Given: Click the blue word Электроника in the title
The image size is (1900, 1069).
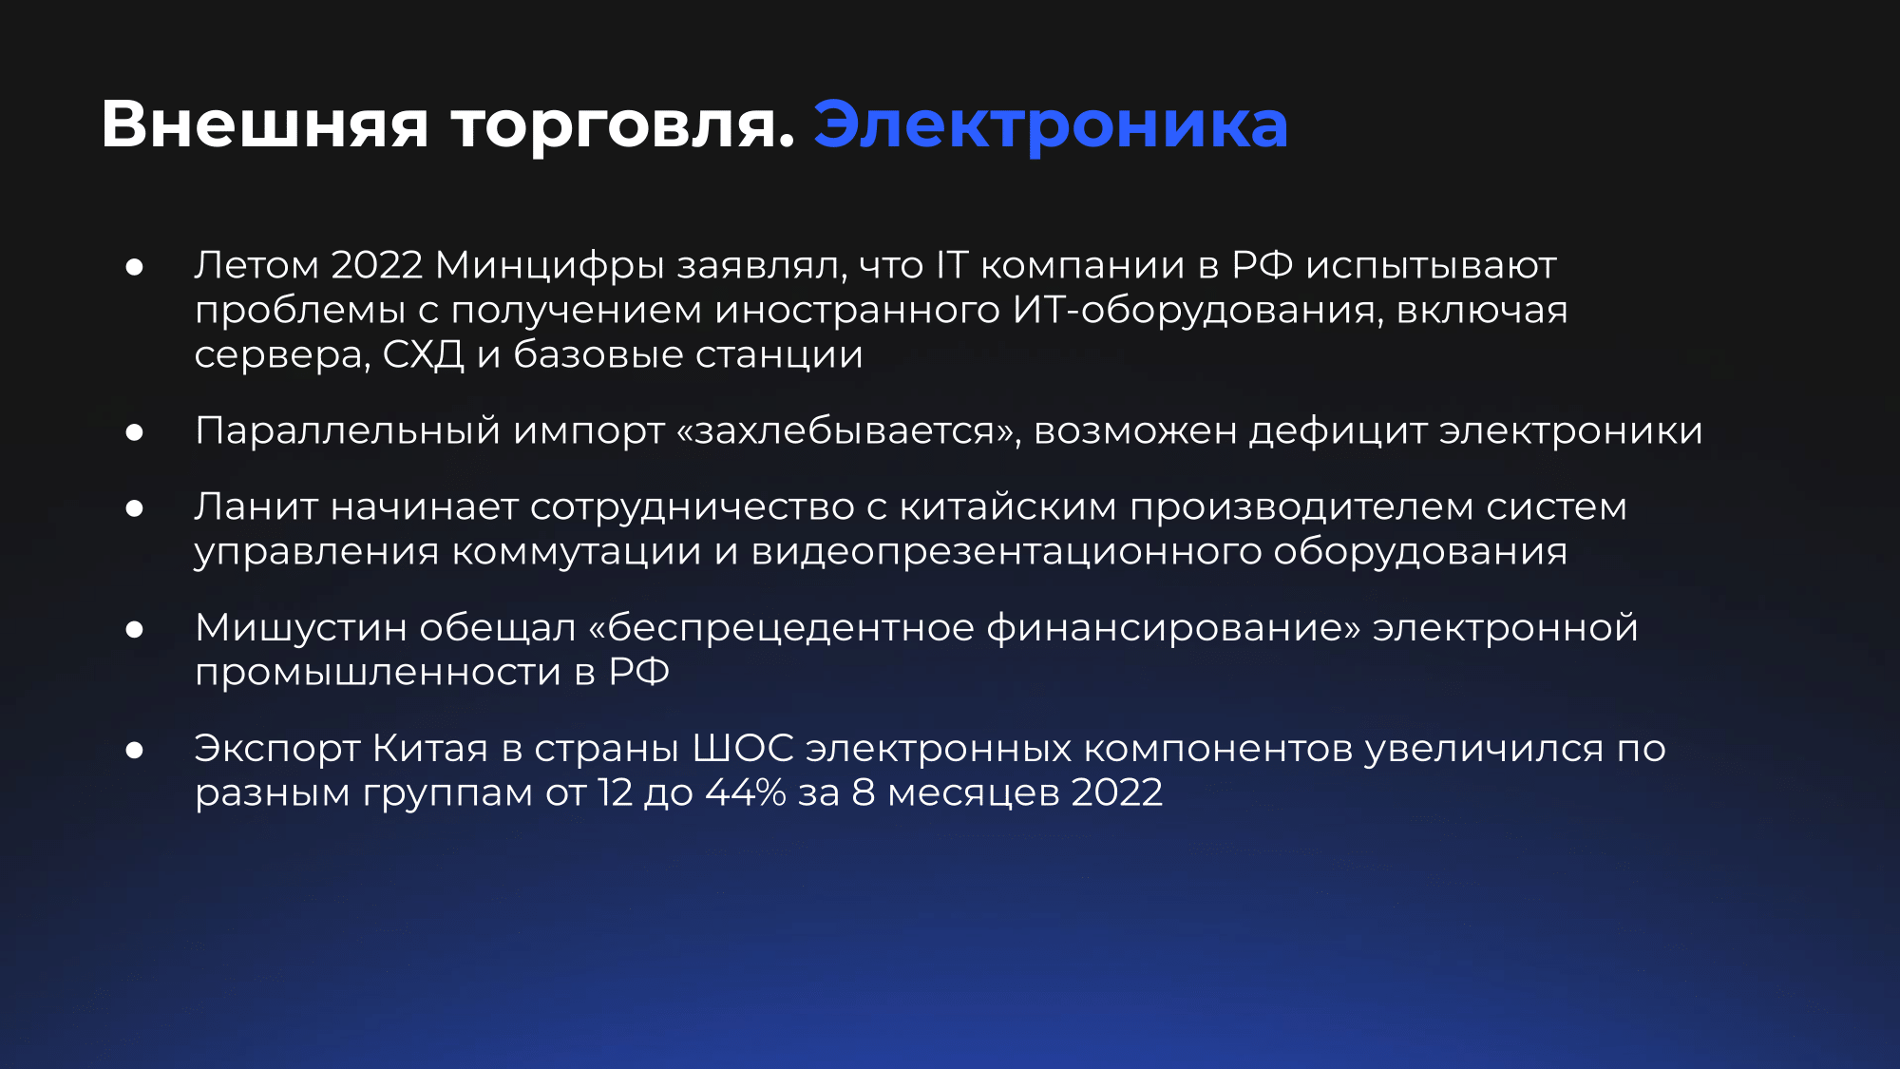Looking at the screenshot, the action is click(x=1051, y=124).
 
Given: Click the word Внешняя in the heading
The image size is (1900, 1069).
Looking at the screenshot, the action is click(x=265, y=124).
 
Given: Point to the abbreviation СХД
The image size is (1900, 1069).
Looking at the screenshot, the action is click(x=424, y=355).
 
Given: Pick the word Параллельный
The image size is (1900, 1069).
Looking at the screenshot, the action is click(x=348, y=431).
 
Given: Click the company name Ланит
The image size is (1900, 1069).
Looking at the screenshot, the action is click(x=256, y=506).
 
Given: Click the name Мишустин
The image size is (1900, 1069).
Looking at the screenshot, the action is click(x=301, y=627).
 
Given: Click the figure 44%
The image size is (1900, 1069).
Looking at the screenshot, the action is click(x=746, y=792).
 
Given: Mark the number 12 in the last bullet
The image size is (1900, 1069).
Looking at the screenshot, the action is click(x=616, y=792).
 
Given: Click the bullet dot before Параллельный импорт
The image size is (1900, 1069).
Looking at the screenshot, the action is click(x=135, y=432).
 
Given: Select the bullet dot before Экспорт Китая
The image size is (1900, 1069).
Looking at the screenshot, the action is click(x=135, y=750).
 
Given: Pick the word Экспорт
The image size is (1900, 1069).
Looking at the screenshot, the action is click(x=277, y=749).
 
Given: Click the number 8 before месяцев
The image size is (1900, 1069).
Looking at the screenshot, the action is click(x=864, y=792).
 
